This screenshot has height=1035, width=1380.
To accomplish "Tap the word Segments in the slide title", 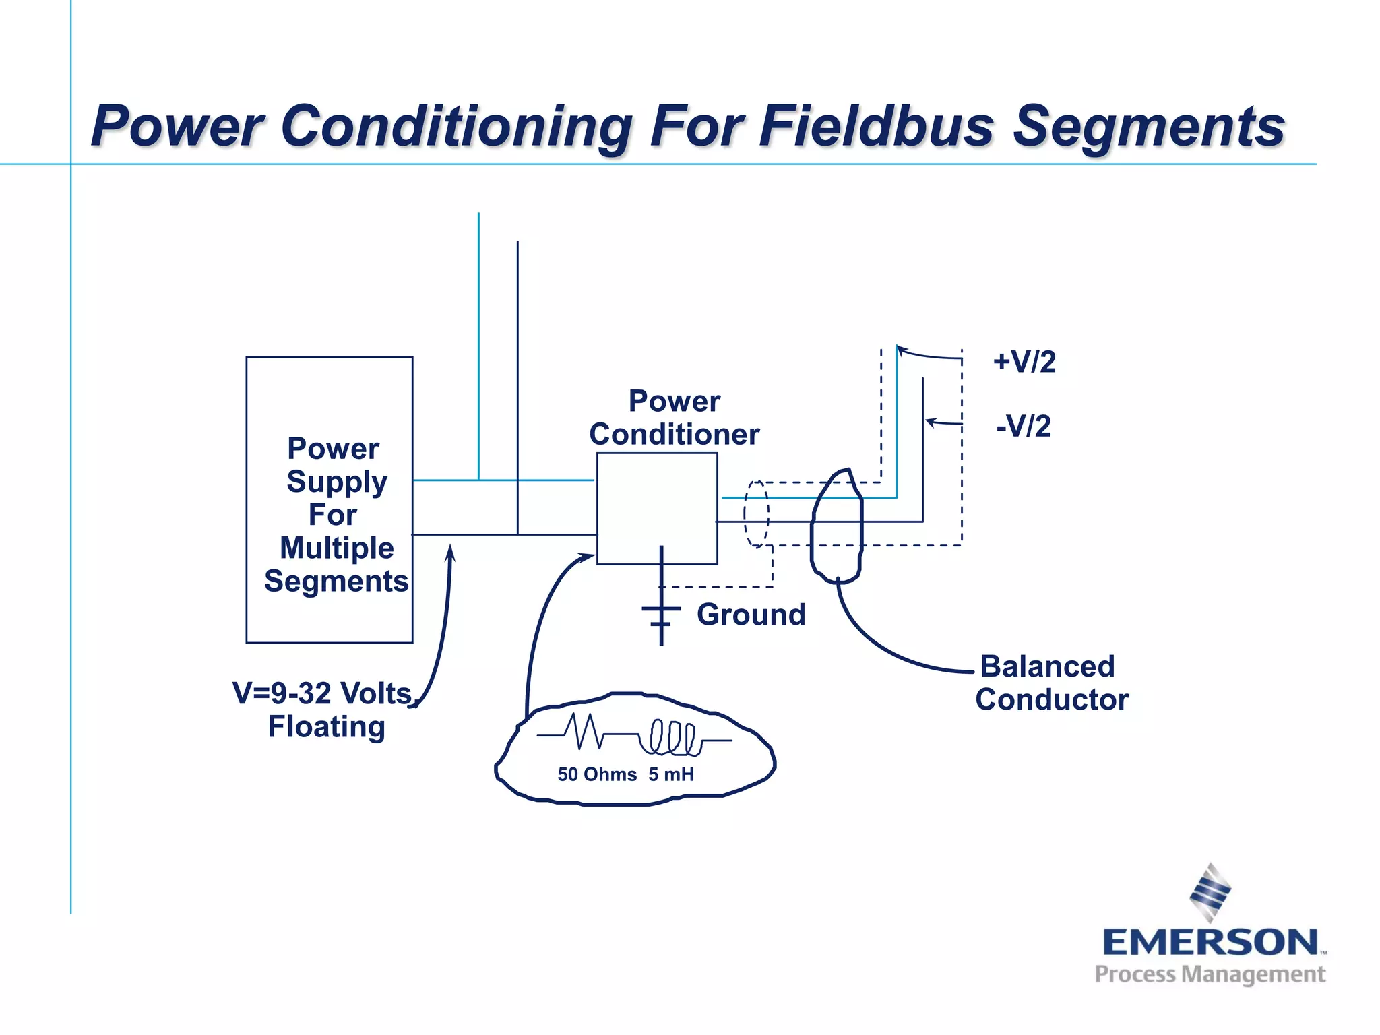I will [x=1149, y=126].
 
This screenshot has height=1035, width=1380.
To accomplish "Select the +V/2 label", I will [x=1024, y=362].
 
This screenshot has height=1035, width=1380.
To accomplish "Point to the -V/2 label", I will [x=1024, y=426].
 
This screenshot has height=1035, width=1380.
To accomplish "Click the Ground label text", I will [x=751, y=615].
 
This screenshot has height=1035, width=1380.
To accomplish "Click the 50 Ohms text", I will [x=597, y=774].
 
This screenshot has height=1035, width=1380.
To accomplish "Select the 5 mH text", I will [x=671, y=774].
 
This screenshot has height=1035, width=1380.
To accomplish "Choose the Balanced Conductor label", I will [x=1051, y=683].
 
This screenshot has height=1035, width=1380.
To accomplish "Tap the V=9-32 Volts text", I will [x=322, y=693].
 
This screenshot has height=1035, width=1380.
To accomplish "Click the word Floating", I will [x=326, y=726].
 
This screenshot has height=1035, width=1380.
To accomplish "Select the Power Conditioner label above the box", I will [x=674, y=418].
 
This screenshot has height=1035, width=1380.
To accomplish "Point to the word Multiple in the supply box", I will [x=336, y=547].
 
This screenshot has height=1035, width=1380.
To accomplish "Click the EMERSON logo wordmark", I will [x=1210, y=942].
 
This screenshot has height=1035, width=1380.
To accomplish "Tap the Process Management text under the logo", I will [x=1210, y=974].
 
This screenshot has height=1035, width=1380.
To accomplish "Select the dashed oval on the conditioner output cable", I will [x=756, y=513].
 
